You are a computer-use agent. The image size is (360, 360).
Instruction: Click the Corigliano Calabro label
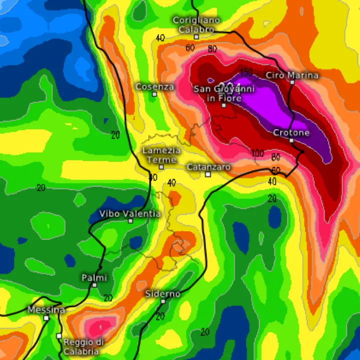(196, 24)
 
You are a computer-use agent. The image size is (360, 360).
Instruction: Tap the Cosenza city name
(154, 86)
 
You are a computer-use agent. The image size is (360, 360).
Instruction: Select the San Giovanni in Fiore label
(224, 93)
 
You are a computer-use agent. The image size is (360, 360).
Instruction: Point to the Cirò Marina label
(292, 75)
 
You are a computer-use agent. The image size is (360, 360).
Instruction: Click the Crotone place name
(291, 132)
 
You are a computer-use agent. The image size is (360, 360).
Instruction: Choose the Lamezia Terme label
(161, 154)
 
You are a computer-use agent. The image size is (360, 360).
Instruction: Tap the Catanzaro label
(208, 166)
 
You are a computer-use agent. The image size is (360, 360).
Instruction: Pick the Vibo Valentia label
(130, 213)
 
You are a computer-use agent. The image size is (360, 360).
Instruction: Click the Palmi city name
(94, 277)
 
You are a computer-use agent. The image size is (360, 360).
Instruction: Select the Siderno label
(162, 293)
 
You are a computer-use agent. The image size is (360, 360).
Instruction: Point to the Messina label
(46, 310)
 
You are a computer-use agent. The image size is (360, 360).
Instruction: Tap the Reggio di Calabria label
(83, 346)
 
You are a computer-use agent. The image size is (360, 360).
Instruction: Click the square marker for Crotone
(291, 140)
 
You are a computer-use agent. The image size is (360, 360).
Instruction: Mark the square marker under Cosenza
(154, 94)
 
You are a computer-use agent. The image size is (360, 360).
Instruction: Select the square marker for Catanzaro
(208, 174)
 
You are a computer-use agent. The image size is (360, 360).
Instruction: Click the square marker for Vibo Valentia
(130, 220)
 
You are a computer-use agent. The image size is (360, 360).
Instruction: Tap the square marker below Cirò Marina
(292, 82)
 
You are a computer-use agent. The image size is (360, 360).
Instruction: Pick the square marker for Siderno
(163, 301)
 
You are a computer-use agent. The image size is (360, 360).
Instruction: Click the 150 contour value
(246, 72)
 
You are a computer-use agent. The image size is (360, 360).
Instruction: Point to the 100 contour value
(258, 153)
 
